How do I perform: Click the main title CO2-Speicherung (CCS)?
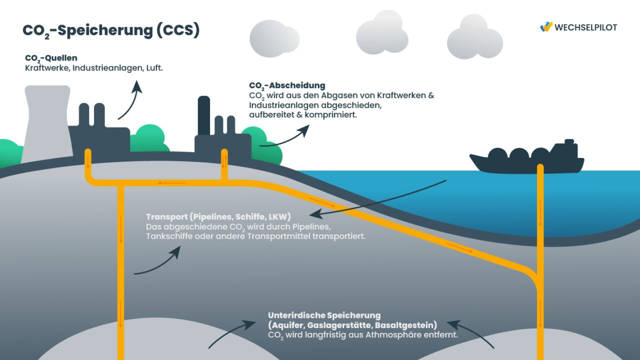pyautogui.click(x=111, y=30)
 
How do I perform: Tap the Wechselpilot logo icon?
pyautogui.click(x=546, y=27)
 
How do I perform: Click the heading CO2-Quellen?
pyautogui.click(x=51, y=58)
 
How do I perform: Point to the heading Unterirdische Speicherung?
pyautogui.click(x=324, y=315)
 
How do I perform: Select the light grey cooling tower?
pyautogui.click(x=46, y=122)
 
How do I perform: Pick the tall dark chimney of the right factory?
pyautogui.click(x=204, y=116)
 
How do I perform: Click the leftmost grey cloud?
pyautogui.click(x=273, y=38)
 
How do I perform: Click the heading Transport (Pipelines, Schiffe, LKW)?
pyautogui.click(x=218, y=216)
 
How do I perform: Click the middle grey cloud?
pyautogui.click(x=381, y=33)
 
